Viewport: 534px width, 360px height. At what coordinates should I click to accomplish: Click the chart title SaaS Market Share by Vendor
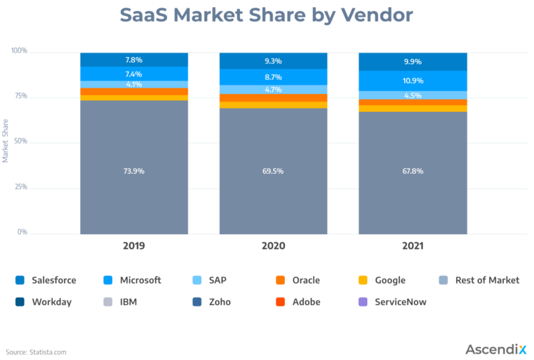point(266,15)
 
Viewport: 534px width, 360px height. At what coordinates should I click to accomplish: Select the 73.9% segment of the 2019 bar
point(134,170)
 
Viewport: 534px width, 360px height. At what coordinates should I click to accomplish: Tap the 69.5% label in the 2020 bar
point(273,170)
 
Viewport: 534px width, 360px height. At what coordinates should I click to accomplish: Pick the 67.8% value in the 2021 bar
point(412,170)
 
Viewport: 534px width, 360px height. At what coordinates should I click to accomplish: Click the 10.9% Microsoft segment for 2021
point(412,81)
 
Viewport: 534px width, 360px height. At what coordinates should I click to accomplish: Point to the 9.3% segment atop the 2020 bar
point(273,61)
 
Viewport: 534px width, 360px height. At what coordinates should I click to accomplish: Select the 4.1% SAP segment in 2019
point(134,85)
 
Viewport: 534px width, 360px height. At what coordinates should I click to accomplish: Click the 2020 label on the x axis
point(273,246)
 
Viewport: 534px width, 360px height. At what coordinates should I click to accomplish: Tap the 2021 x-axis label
point(412,246)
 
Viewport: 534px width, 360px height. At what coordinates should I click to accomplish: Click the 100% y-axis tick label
point(19,51)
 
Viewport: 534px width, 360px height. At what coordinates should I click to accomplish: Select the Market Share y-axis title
point(6,141)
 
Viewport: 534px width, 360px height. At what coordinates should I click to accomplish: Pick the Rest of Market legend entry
point(487,280)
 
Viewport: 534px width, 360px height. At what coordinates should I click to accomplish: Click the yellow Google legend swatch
point(362,280)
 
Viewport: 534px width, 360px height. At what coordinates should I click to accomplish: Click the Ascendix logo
point(494,348)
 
